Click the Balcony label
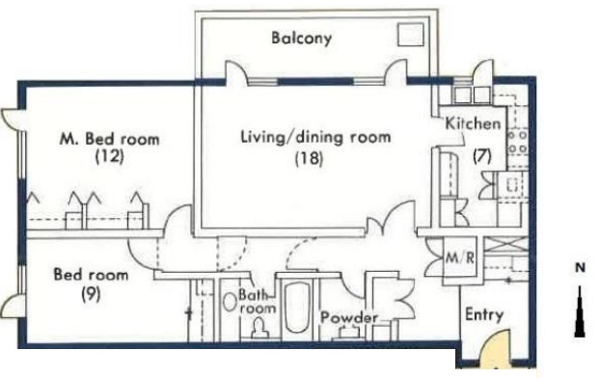[302, 39]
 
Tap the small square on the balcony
[410, 35]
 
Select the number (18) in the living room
[310, 158]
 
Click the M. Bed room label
[110, 139]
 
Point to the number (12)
[110, 156]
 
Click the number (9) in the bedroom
[91, 293]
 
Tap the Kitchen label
[473, 123]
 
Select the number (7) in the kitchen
[481, 156]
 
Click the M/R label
[459, 257]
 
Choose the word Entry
[484, 315]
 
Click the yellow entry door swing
[495, 350]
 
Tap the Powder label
[349, 317]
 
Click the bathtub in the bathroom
[297, 308]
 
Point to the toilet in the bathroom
[259, 329]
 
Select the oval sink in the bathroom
[230, 302]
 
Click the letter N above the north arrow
[580, 268]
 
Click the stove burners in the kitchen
[518, 142]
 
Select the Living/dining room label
[315, 137]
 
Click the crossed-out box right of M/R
[506, 245]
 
